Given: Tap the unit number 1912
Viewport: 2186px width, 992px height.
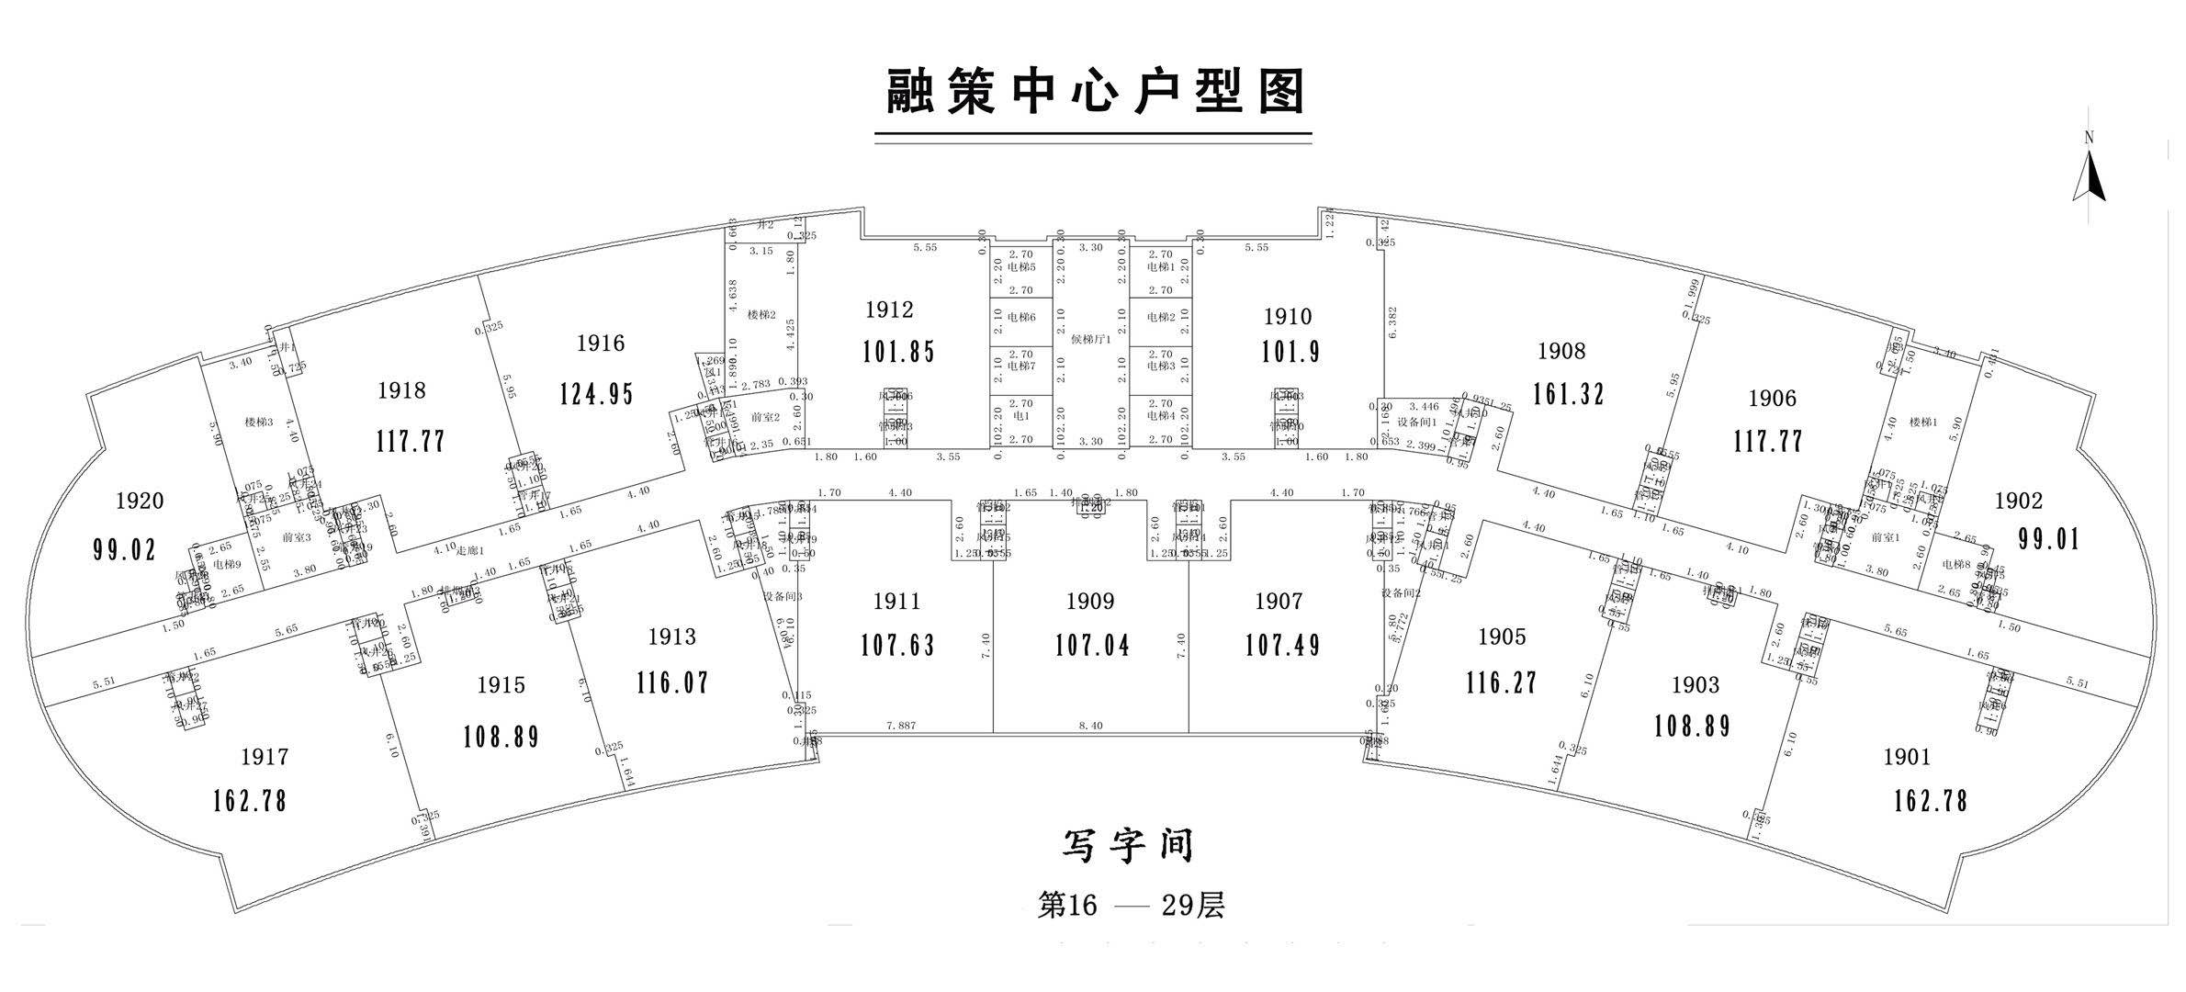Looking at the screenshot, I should tap(889, 310).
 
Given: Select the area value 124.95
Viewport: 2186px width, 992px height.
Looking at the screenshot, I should tap(597, 394).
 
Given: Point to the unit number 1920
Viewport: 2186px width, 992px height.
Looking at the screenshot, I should tap(140, 501).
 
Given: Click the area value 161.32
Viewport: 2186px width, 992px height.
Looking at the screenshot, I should tap(1568, 394).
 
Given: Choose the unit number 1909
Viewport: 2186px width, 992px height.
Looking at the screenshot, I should tap(1090, 602).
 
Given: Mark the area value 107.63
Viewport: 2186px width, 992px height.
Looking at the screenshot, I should tap(897, 646).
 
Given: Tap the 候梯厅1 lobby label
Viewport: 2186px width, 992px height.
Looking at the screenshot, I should tap(1091, 338).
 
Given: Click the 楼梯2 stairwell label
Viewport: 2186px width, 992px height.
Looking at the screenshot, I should tap(761, 315).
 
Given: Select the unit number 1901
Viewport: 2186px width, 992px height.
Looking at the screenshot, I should tap(1907, 757).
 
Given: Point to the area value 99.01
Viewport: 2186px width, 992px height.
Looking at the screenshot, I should tap(2048, 538).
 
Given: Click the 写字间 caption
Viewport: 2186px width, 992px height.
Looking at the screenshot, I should tap(1128, 845).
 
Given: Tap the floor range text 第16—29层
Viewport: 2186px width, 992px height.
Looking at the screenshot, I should tap(1131, 906).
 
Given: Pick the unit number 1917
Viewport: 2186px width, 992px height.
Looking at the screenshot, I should tap(265, 757).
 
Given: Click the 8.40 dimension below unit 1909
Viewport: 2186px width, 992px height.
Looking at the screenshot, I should tap(1090, 726).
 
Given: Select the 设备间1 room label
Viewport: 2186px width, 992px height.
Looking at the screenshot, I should tap(1415, 423).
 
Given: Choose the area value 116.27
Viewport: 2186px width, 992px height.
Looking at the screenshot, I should tap(1502, 682).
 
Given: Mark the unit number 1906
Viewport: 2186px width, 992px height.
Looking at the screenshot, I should tap(1772, 399).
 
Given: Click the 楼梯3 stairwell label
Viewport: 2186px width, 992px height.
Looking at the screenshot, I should tap(259, 423).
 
